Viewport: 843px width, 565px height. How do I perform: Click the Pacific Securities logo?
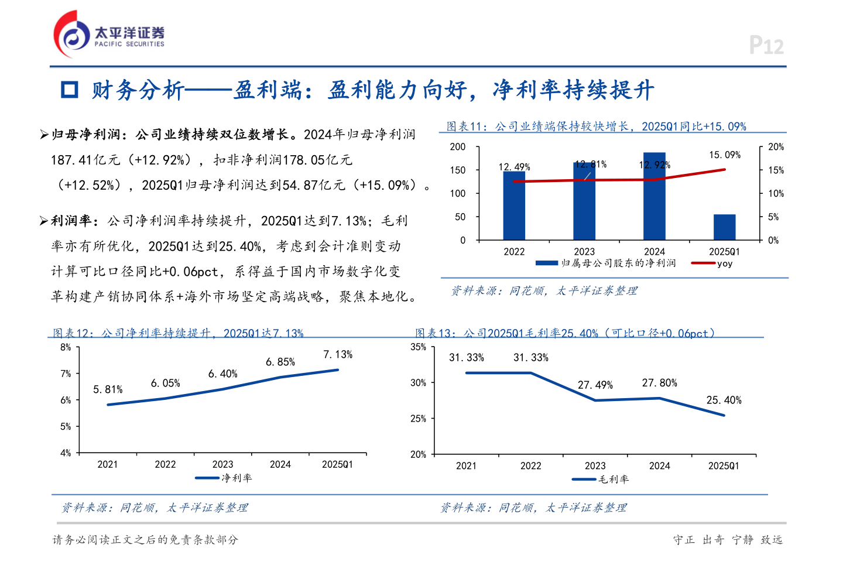click(109, 34)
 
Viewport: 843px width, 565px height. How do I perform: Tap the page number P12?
click(766, 46)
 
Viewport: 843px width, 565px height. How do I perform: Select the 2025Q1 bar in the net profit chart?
click(724, 227)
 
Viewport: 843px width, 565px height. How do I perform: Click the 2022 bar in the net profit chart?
click(514, 206)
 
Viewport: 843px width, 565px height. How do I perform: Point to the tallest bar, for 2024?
click(654, 196)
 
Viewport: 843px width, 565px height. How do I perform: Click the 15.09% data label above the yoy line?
click(725, 155)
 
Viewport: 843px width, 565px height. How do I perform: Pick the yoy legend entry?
click(712, 263)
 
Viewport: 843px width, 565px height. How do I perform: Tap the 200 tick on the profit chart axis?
click(458, 147)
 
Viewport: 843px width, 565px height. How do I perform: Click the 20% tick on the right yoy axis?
click(776, 147)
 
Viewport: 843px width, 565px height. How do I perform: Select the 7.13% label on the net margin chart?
click(338, 355)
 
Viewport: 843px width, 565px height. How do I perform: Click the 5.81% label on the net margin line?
click(108, 389)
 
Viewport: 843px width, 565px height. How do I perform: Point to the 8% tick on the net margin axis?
click(66, 347)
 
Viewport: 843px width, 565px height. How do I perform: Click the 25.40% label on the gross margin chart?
click(724, 400)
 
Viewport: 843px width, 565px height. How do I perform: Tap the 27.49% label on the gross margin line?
click(595, 385)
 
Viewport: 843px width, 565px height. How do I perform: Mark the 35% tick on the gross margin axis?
click(418, 347)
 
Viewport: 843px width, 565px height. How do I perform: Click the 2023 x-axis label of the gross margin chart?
click(595, 466)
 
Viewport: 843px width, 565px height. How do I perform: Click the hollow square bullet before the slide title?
click(70, 90)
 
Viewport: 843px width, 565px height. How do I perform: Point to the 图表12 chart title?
click(178, 333)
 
